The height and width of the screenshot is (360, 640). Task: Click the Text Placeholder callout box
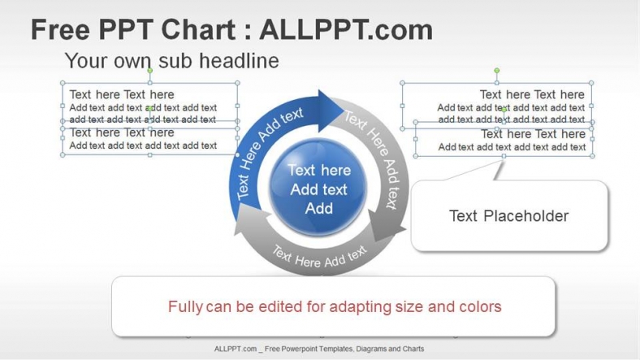point(508,215)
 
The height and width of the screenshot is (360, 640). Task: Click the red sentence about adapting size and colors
point(334,306)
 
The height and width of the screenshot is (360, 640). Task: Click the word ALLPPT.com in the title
point(346,30)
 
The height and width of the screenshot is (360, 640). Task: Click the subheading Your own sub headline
point(171,60)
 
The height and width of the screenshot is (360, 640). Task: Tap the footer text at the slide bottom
point(319,349)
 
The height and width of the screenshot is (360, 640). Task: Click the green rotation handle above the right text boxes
point(497,71)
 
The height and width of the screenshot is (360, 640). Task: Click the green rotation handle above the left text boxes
point(149,71)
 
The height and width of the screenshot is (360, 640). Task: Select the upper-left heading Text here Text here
point(122,94)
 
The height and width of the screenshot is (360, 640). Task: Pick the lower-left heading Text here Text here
point(122,132)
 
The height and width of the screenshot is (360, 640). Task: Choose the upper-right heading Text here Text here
point(532,94)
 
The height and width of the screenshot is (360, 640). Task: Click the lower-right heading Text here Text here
point(533,133)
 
